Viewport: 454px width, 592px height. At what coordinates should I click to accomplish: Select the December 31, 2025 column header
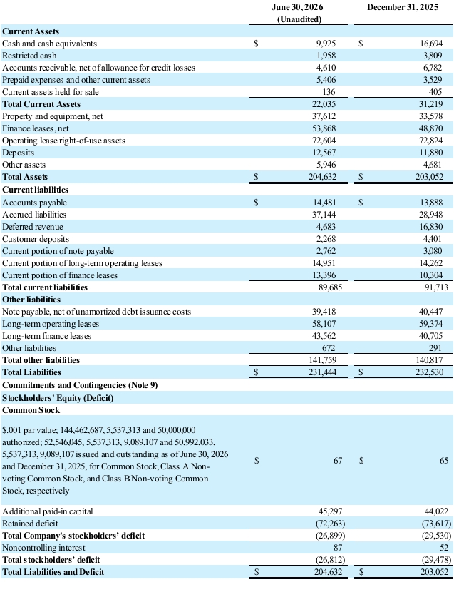(403, 7)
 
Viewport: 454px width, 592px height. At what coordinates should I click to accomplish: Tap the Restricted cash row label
(29, 56)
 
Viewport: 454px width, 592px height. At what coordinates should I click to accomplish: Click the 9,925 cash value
(326, 44)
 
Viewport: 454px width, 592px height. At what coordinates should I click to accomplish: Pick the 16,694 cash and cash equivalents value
(431, 44)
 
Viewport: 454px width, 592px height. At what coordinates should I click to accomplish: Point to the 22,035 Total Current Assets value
(324, 104)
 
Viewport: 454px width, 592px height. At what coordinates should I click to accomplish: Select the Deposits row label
(18, 153)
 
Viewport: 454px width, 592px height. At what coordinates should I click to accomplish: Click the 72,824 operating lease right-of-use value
(431, 141)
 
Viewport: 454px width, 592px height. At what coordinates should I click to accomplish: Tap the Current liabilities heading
(36, 190)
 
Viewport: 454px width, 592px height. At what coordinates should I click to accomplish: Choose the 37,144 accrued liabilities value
(324, 215)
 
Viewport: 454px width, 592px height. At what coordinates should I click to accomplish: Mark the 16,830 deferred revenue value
(431, 227)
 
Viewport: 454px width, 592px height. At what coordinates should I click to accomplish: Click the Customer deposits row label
(36, 239)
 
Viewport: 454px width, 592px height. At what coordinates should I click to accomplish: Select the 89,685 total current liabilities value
(331, 287)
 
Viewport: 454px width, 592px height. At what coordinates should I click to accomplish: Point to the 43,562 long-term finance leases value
(324, 336)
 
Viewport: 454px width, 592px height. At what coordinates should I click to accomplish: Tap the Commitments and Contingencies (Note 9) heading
(80, 385)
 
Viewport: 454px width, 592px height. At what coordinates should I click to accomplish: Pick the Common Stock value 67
(338, 461)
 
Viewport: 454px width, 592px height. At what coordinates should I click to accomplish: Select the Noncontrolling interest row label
(43, 548)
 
